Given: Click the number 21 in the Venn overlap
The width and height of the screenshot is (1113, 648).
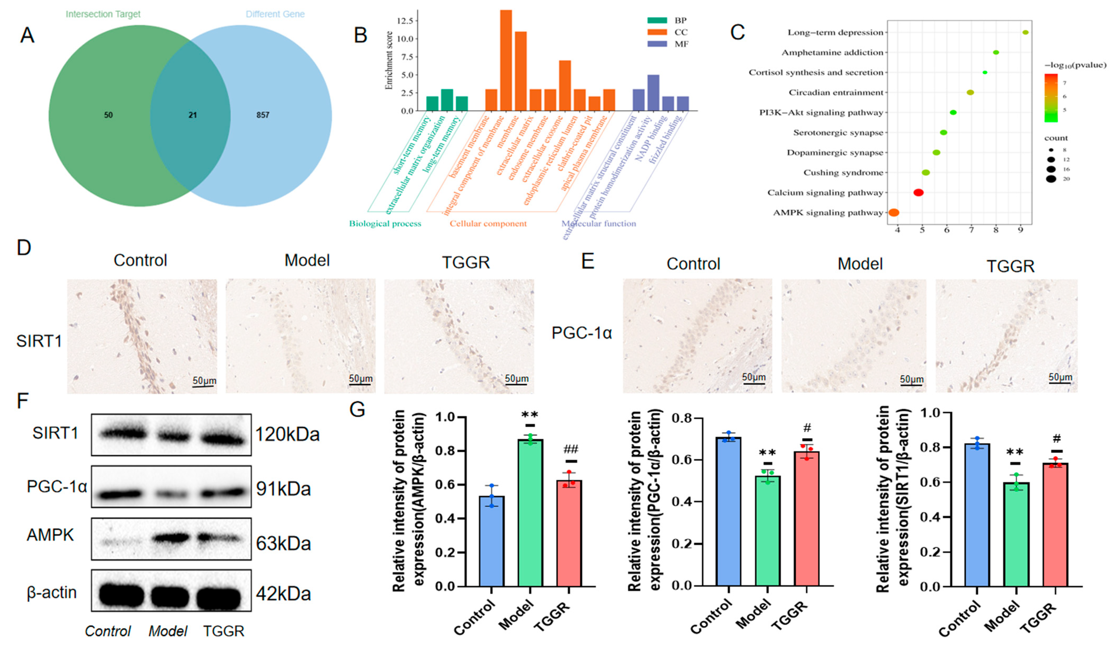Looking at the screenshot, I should (193, 115).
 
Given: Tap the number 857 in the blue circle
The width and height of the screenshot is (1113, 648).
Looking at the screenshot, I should (263, 115).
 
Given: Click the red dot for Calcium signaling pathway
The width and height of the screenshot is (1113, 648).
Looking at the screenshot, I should (918, 193).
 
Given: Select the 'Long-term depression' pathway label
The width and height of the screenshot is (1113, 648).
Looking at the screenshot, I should (835, 33).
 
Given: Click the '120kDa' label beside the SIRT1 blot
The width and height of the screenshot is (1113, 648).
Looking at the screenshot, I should (287, 435).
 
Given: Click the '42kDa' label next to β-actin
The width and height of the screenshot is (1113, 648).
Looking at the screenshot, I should (283, 594).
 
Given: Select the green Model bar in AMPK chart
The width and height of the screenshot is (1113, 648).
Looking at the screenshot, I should (530, 512).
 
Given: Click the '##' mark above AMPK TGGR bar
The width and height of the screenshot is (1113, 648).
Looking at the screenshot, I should (571, 450).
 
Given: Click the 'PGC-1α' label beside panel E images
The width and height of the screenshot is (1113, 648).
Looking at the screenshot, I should (582, 333).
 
